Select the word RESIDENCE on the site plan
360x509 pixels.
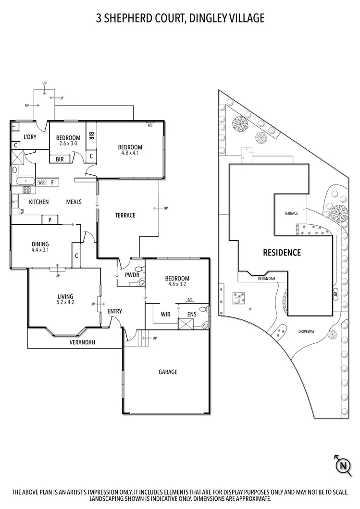(x=282, y=252)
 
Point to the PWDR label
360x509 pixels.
(x=132, y=275)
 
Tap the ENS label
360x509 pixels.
(x=191, y=315)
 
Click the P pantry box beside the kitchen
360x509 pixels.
(x=50, y=220)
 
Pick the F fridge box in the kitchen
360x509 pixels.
(x=52, y=182)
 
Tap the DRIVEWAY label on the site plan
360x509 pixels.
(x=306, y=331)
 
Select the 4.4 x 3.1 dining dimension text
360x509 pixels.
(x=40, y=250)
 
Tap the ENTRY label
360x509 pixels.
(x=114, y=311)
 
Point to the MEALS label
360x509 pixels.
(x=74, y=202)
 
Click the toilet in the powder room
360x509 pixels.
(x=139, y=269)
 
